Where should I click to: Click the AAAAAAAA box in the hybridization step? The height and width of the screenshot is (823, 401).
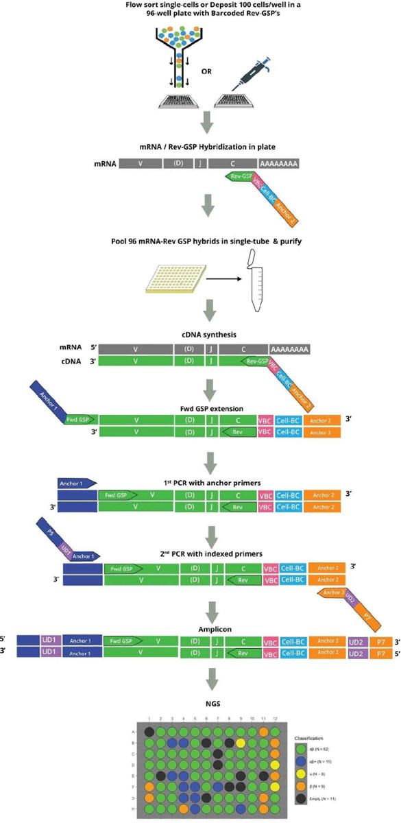(280, 165)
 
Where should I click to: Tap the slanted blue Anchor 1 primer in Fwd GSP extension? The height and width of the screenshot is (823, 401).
(51, 405)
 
